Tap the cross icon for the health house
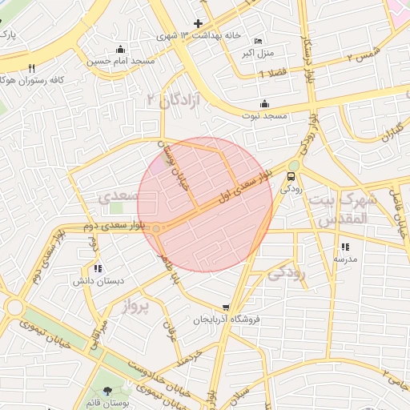[x=199, y=23]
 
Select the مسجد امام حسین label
[x=121, y=61]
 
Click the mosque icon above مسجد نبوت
[x=265, y=103]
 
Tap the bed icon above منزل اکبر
[x=257, y=41]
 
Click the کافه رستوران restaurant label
[x=28, y=80]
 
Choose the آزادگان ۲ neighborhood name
[x=171, y=100]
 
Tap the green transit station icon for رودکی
[x=291, y=175]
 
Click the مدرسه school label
[x=345, y=259]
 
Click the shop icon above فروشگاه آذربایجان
[x=227, y=307]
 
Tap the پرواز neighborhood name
[x=135, y=305]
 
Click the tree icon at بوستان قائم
[x=107, y=392]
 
